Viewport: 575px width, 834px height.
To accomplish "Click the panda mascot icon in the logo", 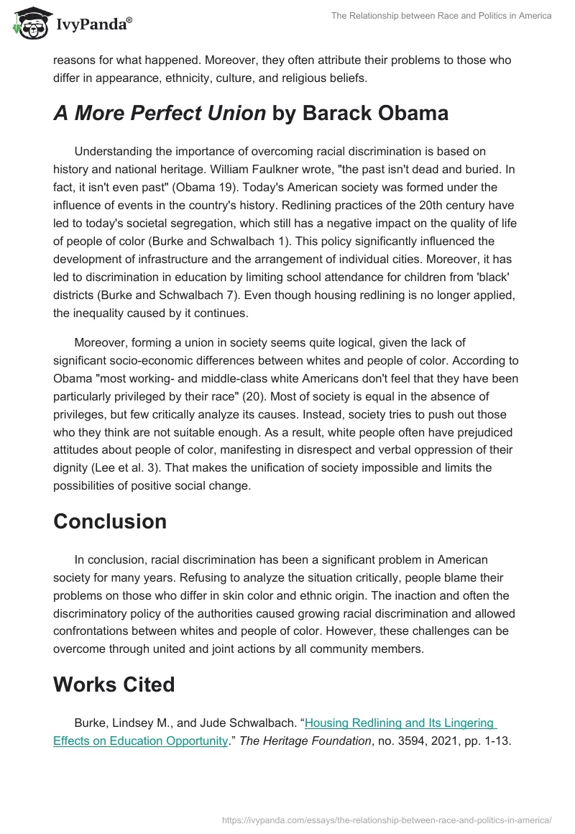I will coord(28,24).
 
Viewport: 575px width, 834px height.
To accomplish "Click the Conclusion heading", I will coord(110,521).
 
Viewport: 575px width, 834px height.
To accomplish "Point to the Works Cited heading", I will coord(114,684).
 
